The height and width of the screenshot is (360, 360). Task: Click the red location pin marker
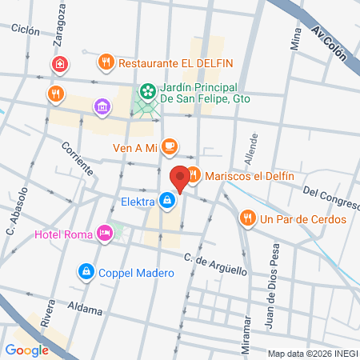(x=180, y=179)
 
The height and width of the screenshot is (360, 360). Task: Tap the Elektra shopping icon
(x=166, y=201)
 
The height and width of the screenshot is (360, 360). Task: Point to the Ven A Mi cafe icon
(x=168, y=146)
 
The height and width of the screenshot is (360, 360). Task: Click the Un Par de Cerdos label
(x=303, y=218)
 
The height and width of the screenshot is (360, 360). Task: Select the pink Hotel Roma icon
(x=104, y=233)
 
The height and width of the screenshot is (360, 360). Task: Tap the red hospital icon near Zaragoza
(x=58, y=64)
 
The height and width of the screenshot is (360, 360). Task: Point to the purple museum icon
(x=102, y=106)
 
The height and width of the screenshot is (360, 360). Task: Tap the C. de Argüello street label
(x=215, y=264)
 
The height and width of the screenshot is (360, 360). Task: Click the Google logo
(x=26, y=350)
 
